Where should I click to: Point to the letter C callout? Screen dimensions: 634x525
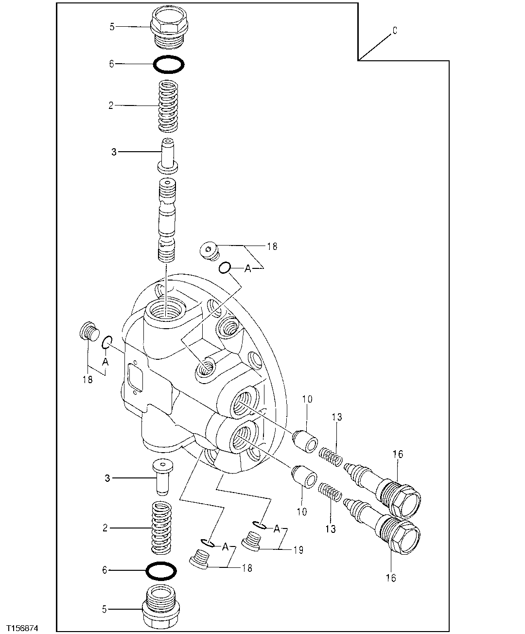click(395, 31)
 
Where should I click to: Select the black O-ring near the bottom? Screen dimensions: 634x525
click(161, 571)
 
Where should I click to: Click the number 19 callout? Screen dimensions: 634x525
click(298, 550)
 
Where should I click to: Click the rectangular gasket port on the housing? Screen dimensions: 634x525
click(134, 377)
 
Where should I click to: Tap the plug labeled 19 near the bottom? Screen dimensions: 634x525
click(251, 541)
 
